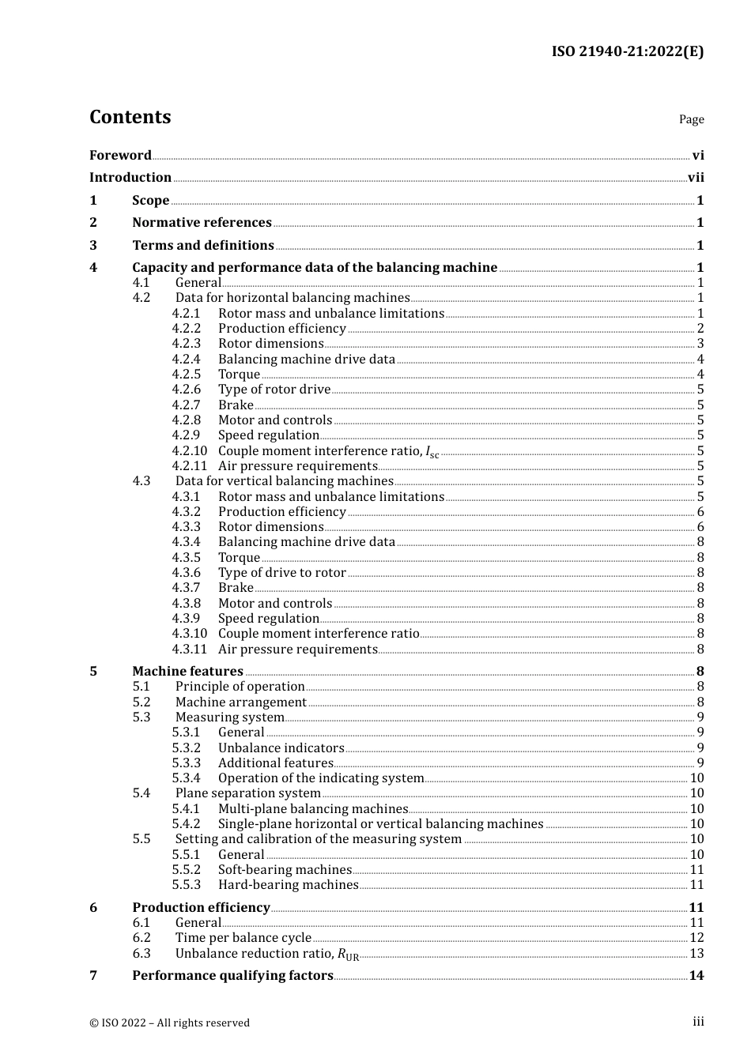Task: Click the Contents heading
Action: pyautogui.click(x=130, y=117)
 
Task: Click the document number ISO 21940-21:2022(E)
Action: pyautogui.click(x=627, y=51)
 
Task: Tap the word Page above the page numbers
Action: pyautogui.click(x=691, y=119)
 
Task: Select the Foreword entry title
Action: pyautogui.click(x=120, y=155)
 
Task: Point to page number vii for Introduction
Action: pyautogui.click(x=696, y=178)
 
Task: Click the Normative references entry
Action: pyautogui.click(x=202, y=223)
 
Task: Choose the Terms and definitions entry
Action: pyautogui.click(x=203, y=246)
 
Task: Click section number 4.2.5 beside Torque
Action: pyautogui.click(x=187, y=375)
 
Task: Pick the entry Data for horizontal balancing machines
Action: pyautogui.click(x=292, y=298)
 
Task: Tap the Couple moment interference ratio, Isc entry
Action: pyautogui.click(x=328, y=451)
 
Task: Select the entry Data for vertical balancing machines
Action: pyautogui.click(x=285, y=481)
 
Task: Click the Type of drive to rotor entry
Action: pyautogui.click(x=282, y=573)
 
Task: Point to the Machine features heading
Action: pyautogui.click(x=187, y=672)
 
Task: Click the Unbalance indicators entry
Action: pyautogui.click(x=281, y=748)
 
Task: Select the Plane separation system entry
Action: pyautogui.click(x=248, y=793)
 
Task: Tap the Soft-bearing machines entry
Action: pyautogui.click(x=285, y=870)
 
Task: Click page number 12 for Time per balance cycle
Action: pyautogui.click(x=696, y=938)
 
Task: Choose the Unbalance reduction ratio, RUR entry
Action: pyautogui.click(x=267, y=954)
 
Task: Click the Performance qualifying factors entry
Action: pyautogui.click(x=232, y=976)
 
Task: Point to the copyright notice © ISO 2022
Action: pyautogui.click(x=169, y=1022)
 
